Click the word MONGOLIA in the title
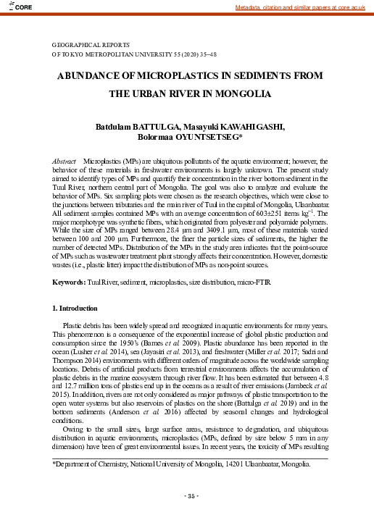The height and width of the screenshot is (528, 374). point(245,94)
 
